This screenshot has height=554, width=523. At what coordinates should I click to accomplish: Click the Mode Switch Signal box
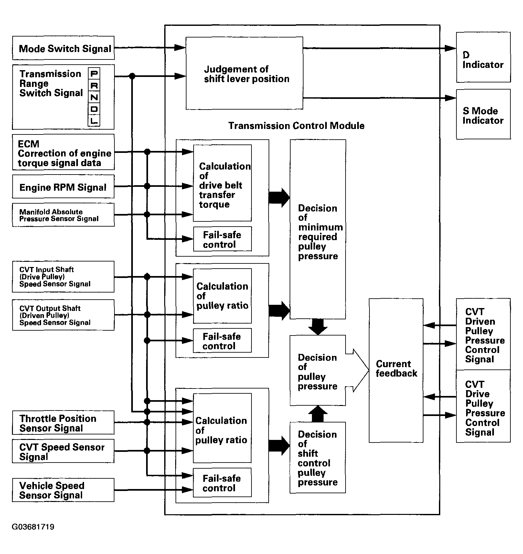click(63, 48)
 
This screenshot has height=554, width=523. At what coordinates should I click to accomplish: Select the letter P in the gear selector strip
click(94, 74)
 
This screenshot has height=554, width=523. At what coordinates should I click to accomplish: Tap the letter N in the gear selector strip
click(94, 97)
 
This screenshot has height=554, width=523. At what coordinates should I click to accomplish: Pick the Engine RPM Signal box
click(63, 186)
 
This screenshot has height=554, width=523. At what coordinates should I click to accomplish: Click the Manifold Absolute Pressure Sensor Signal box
click(63, 215)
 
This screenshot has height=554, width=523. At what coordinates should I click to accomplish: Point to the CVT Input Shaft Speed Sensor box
click(63, 277)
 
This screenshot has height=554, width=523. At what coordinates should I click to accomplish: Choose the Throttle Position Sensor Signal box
click(63, 422)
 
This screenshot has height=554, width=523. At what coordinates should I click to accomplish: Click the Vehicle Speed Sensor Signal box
click(63, 490)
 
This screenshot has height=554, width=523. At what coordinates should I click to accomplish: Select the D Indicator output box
click(483, 57)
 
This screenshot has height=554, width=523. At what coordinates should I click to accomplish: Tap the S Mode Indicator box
click(483, 114)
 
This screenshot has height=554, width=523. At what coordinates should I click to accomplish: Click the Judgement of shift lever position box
click(244, 73)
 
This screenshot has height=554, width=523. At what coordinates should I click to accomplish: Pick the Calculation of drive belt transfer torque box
click(222, 183)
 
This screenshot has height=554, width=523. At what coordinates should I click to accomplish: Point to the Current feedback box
click(396, 370)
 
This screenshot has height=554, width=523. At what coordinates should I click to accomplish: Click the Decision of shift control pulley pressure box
click(318, 458)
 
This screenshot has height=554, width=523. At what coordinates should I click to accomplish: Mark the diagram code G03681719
click(33, 527)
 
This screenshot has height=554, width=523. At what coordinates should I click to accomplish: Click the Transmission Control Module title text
click(296, 126)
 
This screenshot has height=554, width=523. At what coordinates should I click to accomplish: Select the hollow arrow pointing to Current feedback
click(358, 370)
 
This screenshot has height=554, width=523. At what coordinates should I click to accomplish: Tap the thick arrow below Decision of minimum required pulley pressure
click(318, 327)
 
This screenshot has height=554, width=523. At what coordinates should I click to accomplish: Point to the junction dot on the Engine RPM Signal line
click(147, 186)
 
